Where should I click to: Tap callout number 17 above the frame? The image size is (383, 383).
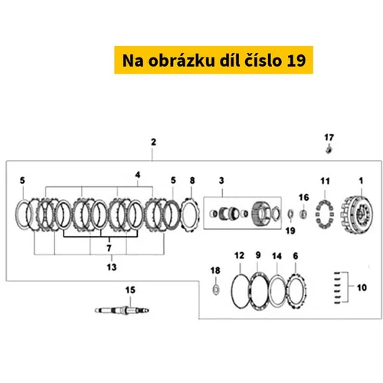(329, 138)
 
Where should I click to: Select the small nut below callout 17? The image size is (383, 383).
(329, 149)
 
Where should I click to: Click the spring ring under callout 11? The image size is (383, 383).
(325, 214)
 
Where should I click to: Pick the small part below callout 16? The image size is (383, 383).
(303, 214)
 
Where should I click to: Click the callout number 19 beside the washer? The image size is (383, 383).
(290, 231)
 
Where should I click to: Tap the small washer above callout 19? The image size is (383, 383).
(290, 214)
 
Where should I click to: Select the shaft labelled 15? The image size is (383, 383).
(122, 310)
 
